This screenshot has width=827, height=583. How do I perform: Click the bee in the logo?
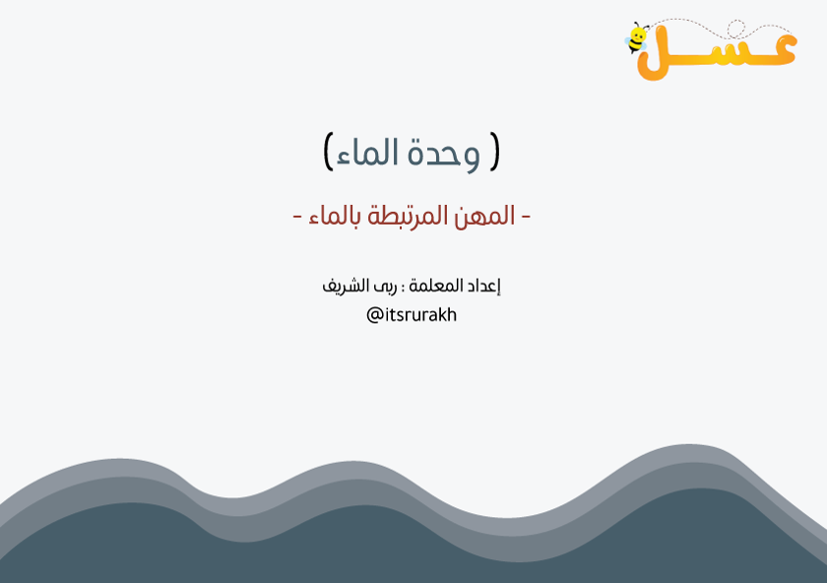(x=637, y=38)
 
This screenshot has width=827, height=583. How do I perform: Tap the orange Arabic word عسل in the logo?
(x=718, y=53)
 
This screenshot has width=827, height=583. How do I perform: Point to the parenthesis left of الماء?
(x=328, y=152)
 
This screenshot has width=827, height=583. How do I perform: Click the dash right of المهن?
(x=526, y=217)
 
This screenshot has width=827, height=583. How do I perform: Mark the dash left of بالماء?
(x=297, y=217)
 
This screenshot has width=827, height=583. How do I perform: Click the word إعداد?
(x=483, y=286)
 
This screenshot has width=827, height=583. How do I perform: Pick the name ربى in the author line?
(x=387, y=287)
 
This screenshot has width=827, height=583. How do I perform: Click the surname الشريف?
(x=346, y=286)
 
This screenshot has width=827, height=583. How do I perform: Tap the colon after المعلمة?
(x=403, y=289)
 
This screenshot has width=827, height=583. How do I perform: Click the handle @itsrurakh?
(x=412, y=315)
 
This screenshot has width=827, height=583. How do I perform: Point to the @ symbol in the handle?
(x=374, y=315)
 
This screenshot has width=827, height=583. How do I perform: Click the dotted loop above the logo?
(x=736, y=30)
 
